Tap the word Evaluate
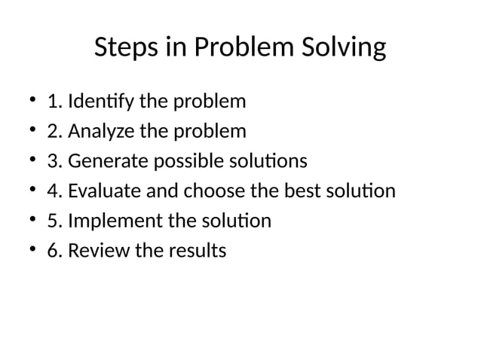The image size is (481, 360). click(106, 191)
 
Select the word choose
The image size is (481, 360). click(213, 191)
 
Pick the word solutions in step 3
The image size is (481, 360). click(268, 161)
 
